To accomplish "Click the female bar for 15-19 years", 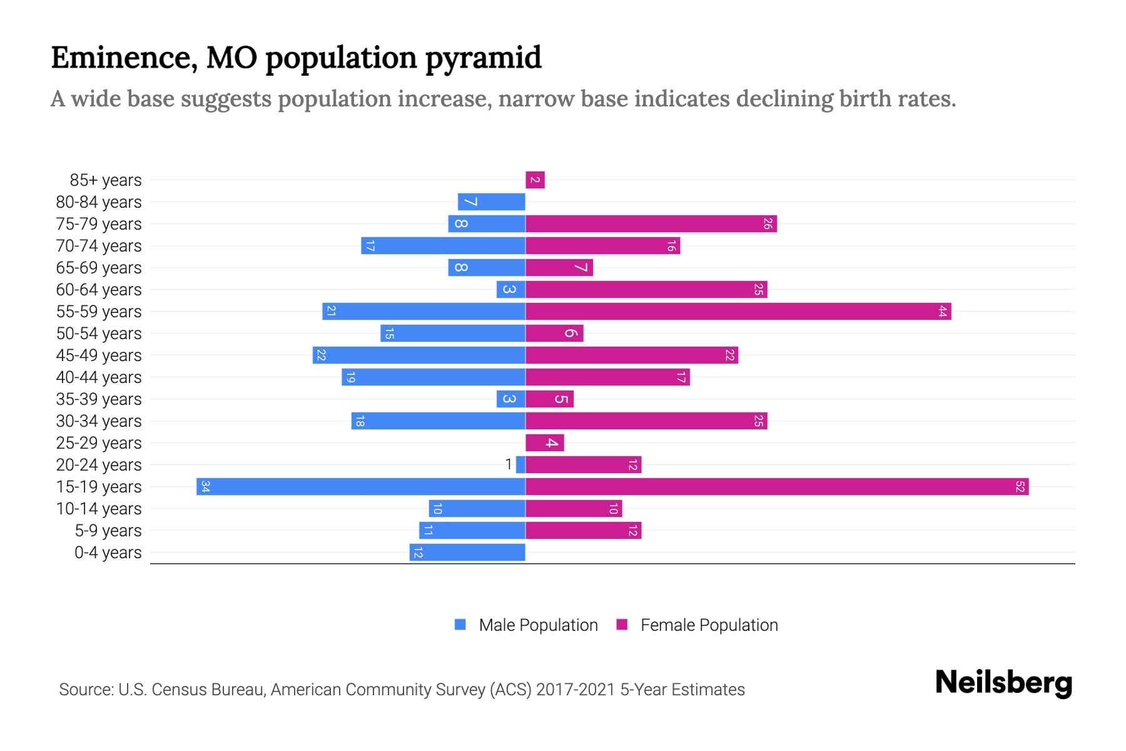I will click(777, 487).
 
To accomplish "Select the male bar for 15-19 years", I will click(361, 487).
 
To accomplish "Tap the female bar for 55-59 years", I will click(738, 312).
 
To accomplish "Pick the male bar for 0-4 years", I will click(467, 553).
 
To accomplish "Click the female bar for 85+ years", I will click(535, 180).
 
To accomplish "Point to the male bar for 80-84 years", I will click(491, 202).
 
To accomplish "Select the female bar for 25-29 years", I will click(544, 443).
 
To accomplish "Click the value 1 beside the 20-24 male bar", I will click(509, 464).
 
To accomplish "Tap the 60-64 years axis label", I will click(99, 290).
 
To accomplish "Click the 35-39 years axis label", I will click(99, 399).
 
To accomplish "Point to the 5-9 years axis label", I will click(108, 531).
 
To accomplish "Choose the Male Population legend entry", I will click(538, 625).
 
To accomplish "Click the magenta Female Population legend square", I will click(622, 625).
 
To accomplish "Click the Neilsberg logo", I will click(1003, 683).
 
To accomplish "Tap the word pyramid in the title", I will click(484, 58).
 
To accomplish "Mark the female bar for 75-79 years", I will click(651, 224).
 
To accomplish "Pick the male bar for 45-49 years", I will click(419, 355).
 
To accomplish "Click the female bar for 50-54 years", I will click(554, 334).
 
